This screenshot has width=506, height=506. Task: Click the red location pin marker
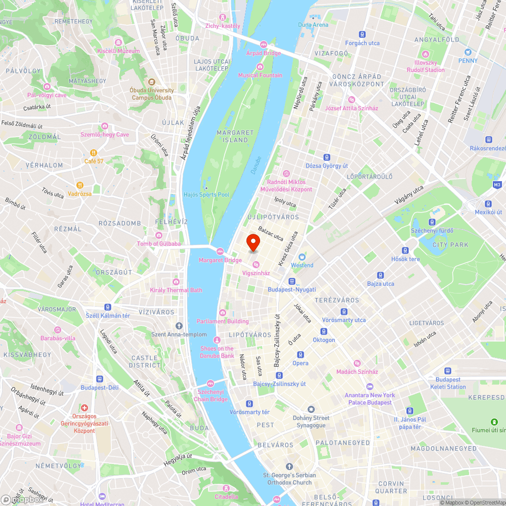252,243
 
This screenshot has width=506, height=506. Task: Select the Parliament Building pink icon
223,312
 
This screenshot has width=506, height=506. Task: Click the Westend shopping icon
302,257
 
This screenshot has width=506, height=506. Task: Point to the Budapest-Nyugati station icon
291,281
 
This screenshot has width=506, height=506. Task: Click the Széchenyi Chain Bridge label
210,395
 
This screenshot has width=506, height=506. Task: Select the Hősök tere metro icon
405,250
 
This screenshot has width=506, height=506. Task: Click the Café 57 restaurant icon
94,153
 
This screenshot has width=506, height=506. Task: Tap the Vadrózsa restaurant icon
79,185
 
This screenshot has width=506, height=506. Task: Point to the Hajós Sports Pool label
206,195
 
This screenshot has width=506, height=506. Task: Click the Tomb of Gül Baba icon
159,235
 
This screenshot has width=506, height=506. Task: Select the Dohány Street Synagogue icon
311,409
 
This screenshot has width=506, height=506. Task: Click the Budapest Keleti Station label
448,383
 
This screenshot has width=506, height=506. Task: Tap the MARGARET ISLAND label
232,136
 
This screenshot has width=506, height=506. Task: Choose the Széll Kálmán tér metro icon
108,307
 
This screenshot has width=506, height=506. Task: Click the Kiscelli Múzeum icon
118,43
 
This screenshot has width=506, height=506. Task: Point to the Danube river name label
256,165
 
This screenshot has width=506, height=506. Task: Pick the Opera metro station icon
300,355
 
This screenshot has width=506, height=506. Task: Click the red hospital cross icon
85,407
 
